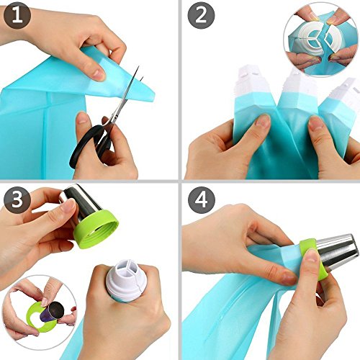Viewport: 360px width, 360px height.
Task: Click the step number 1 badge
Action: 17,16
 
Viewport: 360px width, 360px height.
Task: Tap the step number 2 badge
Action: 201,16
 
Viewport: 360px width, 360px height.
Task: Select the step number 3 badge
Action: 17,199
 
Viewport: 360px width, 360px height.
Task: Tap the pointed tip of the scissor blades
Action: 138,67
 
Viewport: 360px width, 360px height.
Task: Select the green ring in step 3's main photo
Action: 96,229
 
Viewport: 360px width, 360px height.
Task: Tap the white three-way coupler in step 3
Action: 127,275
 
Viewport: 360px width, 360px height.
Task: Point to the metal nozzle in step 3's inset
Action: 53,312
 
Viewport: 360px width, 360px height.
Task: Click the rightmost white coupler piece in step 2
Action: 343,92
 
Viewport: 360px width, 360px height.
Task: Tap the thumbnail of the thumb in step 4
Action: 312,256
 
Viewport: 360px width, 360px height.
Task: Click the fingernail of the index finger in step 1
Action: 99,75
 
